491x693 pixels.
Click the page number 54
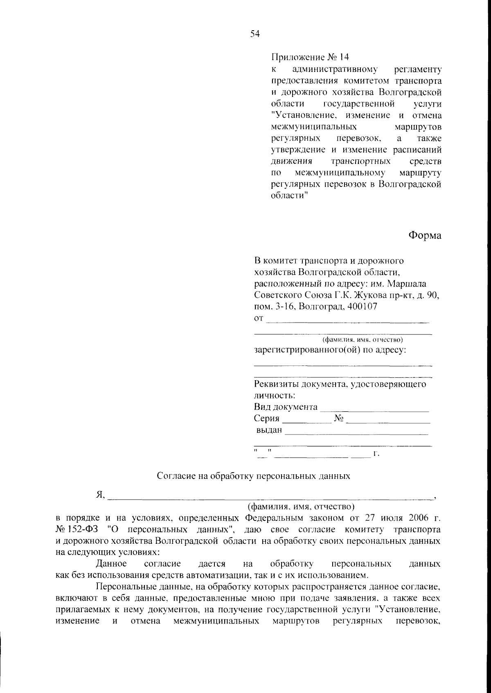point(255,34)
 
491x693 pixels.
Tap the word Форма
point(425,235)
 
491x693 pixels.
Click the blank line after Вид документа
point(374,410)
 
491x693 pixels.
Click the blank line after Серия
point(307,421)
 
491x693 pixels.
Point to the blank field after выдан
point(356,433)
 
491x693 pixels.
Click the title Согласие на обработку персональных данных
point(254,476)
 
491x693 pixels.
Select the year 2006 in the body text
point(418,518)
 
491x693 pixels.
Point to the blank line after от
point(348,321)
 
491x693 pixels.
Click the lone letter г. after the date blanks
point(377,454)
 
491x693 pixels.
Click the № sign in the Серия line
point(339,418)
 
